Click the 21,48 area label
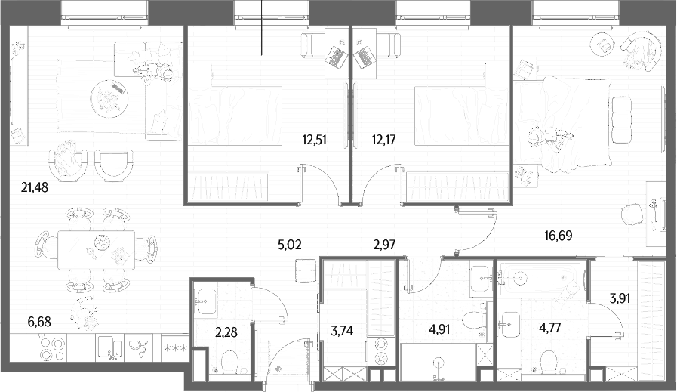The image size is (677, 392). click(x=35, y=187)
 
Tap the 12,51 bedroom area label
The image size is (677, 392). click(x=314, y=140)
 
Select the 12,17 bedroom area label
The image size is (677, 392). click(x=383, y=140)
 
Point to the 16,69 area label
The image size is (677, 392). click(x=559, y=236)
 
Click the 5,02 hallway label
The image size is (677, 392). click(x=289, y=245)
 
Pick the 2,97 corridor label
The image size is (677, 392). click(x=384, y=245)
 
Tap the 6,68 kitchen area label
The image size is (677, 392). click(x=38, y=322)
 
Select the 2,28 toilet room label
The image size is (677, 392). click(x=226, y=333)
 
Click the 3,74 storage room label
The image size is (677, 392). click(x=342, y=331)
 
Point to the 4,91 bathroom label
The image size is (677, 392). click(x=439, y=329)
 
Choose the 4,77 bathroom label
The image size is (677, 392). click(x=549, y=328)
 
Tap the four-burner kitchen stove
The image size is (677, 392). click(x=52, y=349)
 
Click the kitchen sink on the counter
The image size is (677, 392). click(x=111, y=348)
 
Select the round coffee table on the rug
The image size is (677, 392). click(x=109, y=98)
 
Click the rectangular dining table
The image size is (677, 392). click(x=97, y=250)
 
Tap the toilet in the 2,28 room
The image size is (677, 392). click(x=229, y=361)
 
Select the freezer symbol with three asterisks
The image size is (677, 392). click(x=174, y=347)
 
